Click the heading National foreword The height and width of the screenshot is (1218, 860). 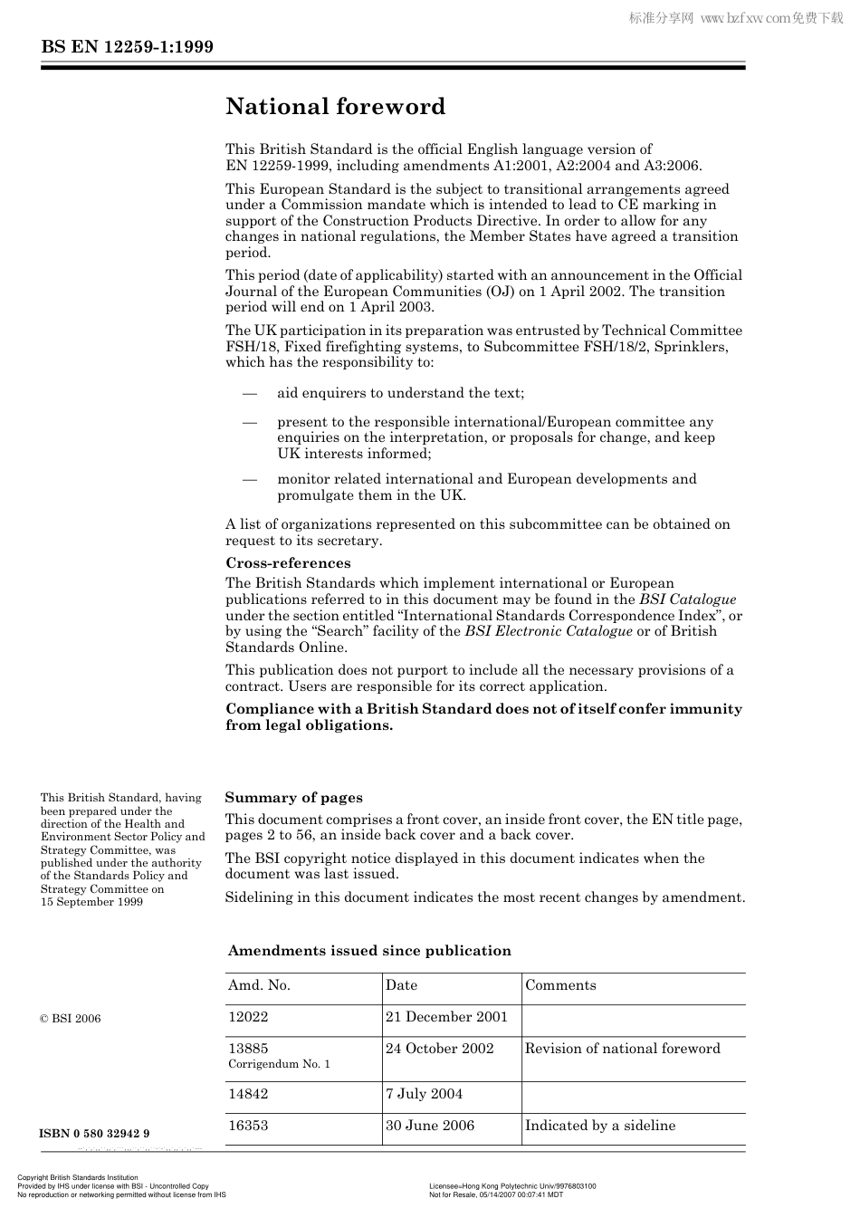[335, 107]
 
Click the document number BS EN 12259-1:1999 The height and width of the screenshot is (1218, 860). [127, 47]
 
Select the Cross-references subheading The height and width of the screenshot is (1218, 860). [288, 563]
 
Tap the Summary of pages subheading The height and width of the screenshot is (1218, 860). [293, 798]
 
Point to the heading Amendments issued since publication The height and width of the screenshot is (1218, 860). [369, 951]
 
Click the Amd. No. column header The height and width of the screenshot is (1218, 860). [259, 985]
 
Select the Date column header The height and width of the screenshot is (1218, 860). [401, 985]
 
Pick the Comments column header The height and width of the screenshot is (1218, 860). [560, 985]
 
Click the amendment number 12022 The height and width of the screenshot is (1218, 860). [248, 1017]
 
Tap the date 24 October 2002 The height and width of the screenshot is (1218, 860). [439, 1049]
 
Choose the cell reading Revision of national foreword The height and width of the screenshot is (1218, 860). [623, 1049]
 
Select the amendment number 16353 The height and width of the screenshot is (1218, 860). [248, 1126]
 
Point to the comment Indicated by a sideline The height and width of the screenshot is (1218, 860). [600, 1126]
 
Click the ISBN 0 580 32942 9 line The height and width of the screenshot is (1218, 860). [94, 1134]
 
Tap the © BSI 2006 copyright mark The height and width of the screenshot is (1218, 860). [71, 1019]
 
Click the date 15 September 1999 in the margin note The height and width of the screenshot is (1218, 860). [91, 902]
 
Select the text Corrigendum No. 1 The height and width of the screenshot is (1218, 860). [279, 1064]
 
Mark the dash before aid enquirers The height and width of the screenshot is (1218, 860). [249, 393]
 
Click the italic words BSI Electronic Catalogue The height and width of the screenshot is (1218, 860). [549, 631]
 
